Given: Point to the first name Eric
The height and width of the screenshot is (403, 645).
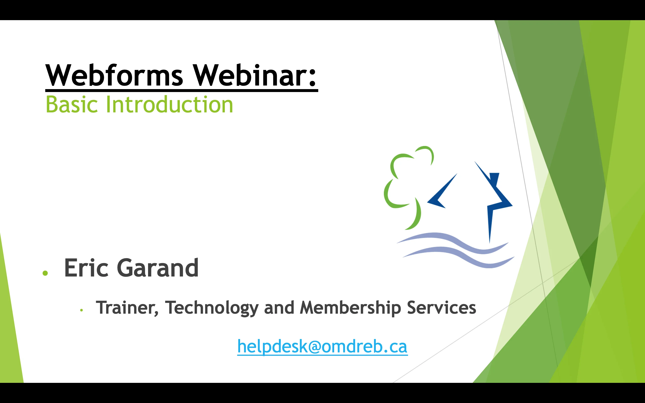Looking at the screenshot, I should pos(86,268).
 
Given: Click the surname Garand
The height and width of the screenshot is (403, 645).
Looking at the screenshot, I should pos(157,268).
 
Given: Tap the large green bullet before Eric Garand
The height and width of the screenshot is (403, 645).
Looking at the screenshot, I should pos(45,273).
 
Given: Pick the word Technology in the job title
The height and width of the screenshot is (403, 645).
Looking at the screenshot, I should pos(212,308).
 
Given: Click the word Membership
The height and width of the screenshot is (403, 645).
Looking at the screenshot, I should pos(350,308).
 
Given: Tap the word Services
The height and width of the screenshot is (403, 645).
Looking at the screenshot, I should pos(441,308).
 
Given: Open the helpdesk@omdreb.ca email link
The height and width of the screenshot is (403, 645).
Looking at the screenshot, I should pos(322,347).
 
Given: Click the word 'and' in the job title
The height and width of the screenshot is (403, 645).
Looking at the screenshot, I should pos(279,308).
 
